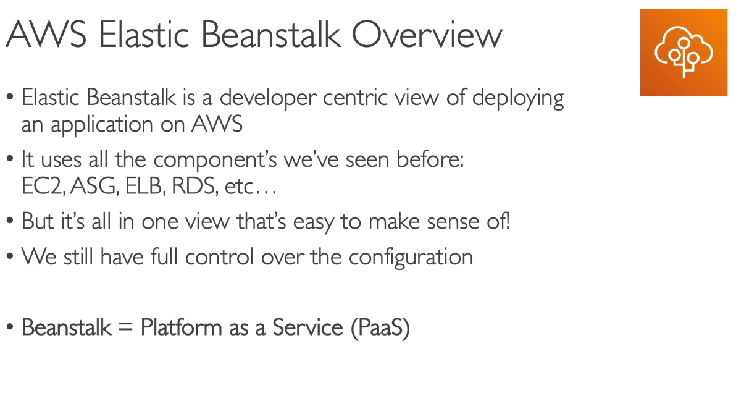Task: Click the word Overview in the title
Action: click(x=427, y=34)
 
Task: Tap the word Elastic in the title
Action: click(x=144, y=34)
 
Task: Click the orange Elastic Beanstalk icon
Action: click(x=684, y=53)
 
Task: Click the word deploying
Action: click(x=518, y=99)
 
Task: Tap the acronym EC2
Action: click(x=43, y=187)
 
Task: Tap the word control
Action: click(x=219, y=257)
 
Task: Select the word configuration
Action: click(x=411, y=258)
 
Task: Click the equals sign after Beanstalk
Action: click(x=125, y=327)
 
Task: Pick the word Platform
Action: click(x=181, y=327)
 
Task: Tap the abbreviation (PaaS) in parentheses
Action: click(x=380, y=327)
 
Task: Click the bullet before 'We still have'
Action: click(x=10, y=257)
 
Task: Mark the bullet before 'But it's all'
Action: click(x=10, y=221)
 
